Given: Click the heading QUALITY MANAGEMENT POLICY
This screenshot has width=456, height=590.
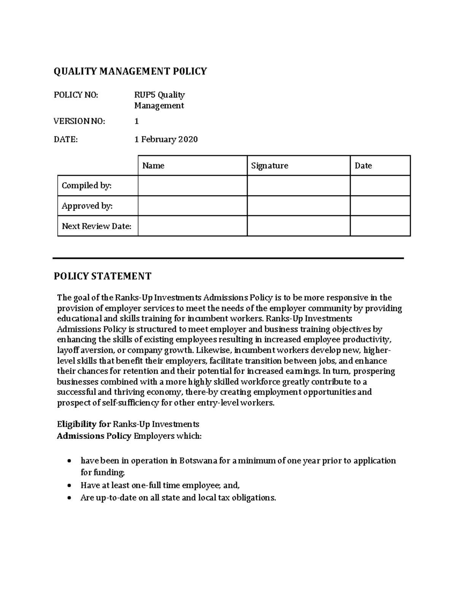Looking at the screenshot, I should (x=130, y=71).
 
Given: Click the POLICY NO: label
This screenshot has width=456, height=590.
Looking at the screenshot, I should (x=76, y=95).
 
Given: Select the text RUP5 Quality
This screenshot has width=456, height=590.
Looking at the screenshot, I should (x=159, y=95).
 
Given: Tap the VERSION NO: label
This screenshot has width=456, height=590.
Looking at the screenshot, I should (x=79, y=121).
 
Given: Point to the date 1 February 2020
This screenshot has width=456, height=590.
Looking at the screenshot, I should (x=166, y=139).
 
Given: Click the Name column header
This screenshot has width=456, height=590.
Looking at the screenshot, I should (x=153, y=166).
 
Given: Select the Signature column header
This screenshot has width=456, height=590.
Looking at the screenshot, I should (x=269, y=166).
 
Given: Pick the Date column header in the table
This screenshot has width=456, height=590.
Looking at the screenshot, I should (x=363, y=166).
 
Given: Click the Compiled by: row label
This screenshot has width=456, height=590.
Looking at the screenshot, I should (x=87, y=186).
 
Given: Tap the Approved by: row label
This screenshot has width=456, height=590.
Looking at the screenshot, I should (x=87, y=206).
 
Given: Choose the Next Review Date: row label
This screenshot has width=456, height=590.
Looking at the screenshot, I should (x=97, y=226).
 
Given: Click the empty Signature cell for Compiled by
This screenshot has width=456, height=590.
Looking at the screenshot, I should (x=298, y=186).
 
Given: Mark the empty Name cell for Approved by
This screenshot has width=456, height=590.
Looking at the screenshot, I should (x=192, y=206).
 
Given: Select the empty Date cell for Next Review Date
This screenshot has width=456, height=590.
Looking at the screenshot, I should (x=380, y=226).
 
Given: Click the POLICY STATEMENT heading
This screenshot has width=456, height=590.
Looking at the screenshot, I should (x=103, y=276).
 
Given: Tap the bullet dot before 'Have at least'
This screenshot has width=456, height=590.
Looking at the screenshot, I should (x=68, y=486).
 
